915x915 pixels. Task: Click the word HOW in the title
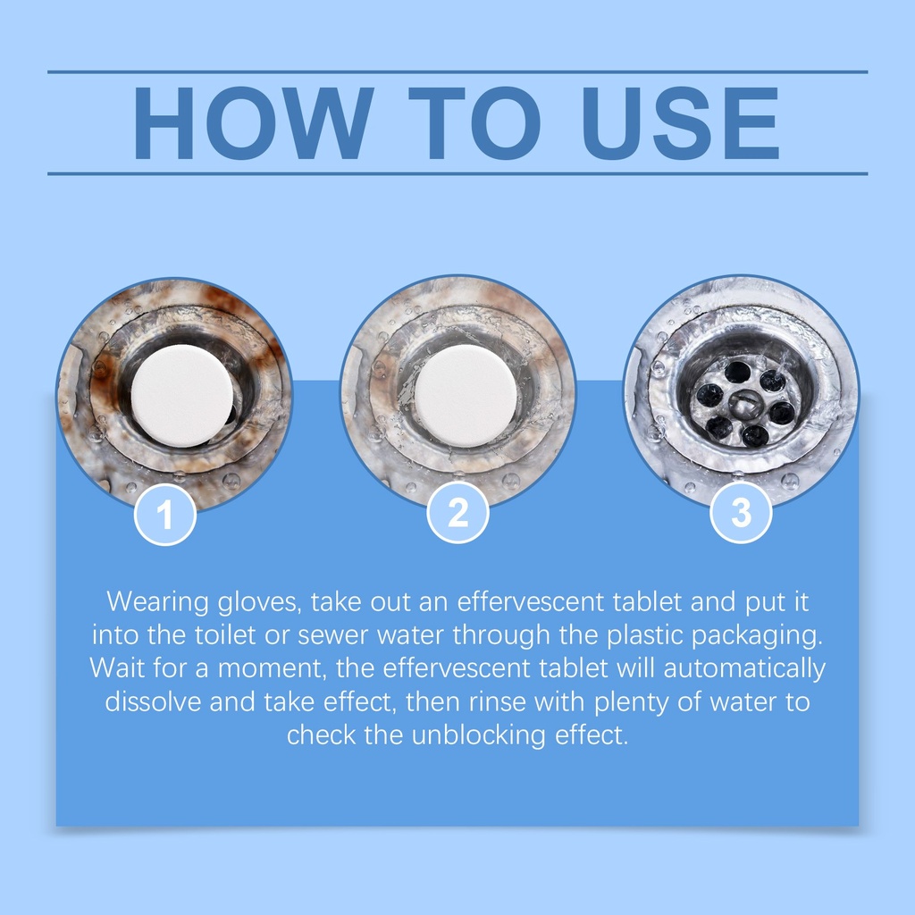(x=254, y=122)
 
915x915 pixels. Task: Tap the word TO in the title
(x=474, y=122)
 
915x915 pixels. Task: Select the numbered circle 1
(x=165, y=514)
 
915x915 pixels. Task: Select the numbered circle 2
(x=458, y=512)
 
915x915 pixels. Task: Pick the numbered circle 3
(x=741, y=512)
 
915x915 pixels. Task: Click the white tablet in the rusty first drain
(x=182, y=395)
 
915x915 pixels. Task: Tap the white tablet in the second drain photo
(x=466, y=395)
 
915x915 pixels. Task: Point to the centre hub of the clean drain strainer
(x=743, y=405)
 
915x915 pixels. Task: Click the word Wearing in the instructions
(x=157, y=602)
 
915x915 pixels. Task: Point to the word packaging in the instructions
(x=757, y=636)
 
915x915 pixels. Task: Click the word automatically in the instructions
(x=744, y=669)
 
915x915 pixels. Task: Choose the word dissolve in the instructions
(x=153, y=701)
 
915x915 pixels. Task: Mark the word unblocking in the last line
(x=479, y=735)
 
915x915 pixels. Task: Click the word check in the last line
(x=322, y=735)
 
